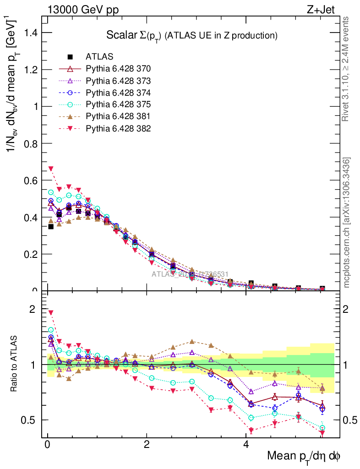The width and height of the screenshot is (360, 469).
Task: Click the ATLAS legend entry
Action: coord(96,57)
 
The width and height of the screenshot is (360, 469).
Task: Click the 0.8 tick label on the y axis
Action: coord(31,143)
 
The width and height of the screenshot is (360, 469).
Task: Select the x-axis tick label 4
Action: coord(245,445)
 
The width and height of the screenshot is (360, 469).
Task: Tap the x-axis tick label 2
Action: coord(147,445)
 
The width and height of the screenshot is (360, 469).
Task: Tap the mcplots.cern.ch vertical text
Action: coord(347,223)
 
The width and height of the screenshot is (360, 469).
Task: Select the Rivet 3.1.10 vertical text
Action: coord(347,69)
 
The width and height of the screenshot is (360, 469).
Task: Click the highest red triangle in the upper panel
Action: coord(51,169)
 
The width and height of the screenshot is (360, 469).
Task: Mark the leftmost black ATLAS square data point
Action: coord(51,226)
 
